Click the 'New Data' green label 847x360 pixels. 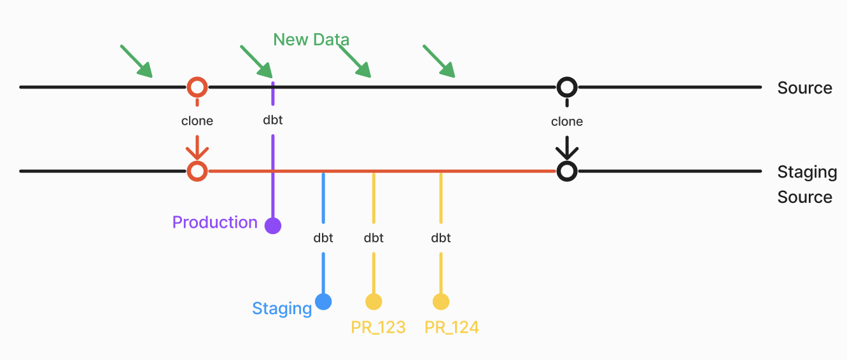coord(311,39)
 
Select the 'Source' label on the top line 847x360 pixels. coord(804,88)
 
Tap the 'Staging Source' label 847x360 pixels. coord(806,184)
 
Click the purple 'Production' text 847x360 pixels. coord(215,222)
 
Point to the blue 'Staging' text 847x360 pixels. coord(282,308)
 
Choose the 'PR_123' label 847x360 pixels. coord(378,328)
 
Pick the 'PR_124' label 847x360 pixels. coord(452,328)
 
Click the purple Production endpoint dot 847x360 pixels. coord(273,225)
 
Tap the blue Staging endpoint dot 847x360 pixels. coord(323,301)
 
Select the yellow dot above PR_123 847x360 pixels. coord(374,301)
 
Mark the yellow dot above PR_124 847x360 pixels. coord(440,301)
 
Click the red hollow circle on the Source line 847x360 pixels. coord(197,87)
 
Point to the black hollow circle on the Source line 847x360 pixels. coord(567,87)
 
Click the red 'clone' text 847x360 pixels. coord(197,121)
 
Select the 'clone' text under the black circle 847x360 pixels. coord(567,121)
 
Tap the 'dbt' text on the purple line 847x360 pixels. coord(273,119)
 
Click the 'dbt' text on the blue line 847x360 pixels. coord(323,238)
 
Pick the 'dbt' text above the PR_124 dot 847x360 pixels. coord(440,238)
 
